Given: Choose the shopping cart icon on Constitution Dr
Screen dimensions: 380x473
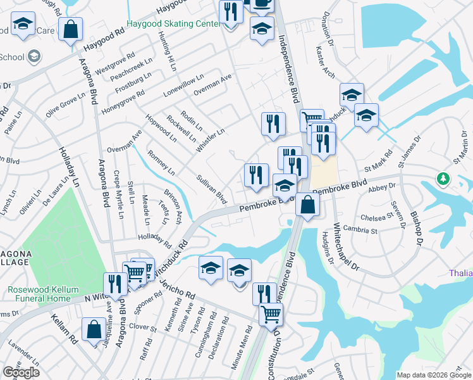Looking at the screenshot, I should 271,313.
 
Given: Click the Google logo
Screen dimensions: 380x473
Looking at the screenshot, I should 21,372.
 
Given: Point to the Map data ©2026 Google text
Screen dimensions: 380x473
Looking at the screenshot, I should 434,375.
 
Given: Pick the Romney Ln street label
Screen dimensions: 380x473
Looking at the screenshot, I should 161,163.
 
